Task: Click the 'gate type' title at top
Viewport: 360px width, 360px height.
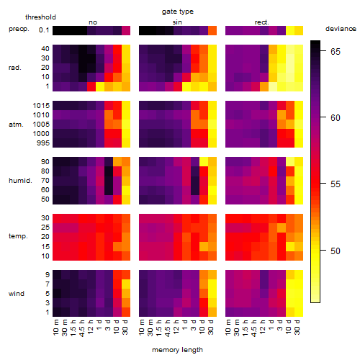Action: click(178, 12)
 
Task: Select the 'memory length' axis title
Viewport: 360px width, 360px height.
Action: click(177, 350)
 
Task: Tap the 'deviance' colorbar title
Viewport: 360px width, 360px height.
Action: click(341, 29)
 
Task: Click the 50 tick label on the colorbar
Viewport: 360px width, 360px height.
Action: click(336, 251)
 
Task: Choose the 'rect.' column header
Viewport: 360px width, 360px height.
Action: click(261, 22)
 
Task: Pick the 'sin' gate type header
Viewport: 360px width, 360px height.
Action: click(177, 22)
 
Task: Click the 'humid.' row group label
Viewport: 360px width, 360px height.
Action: click(20, 181)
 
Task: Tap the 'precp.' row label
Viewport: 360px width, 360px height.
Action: click(19, 30)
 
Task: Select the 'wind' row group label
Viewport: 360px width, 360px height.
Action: click(17, 294)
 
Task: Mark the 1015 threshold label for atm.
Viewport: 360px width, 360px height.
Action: click(41, 106)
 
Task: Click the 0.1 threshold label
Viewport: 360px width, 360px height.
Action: click(44, 30)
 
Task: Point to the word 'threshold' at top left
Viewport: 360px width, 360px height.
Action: click(40, 17)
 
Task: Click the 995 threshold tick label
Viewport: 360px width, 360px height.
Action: click(43, 143)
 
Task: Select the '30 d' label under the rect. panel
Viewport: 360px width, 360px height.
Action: click(297, 327)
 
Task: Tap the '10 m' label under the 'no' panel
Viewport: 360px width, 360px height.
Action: click(55, 327)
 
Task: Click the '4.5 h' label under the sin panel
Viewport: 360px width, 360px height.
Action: click(168, 328)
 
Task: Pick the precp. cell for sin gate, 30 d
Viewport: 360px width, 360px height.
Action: click(212, 30)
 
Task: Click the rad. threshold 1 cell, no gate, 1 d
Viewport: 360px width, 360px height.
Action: click(100, 86)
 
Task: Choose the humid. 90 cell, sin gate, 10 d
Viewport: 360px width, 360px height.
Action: click(204, 162)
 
